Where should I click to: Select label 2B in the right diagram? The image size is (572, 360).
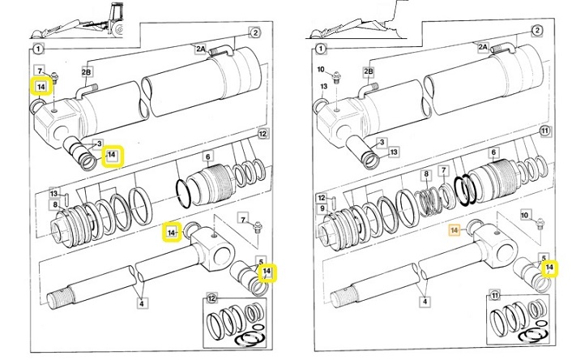click(368, 73)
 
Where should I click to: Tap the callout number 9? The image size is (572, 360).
click(324, 208)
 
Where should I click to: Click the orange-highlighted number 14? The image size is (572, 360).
click(454, 230)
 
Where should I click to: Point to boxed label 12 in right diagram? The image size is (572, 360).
click(321, 198)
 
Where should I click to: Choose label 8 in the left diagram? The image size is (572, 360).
click(54, 204)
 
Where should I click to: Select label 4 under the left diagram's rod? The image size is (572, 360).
click(142, 303)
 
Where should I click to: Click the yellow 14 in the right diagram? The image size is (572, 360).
click(550, 267)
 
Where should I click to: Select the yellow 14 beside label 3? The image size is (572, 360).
click(113, 155)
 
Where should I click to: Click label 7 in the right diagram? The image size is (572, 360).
click(443, 170)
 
